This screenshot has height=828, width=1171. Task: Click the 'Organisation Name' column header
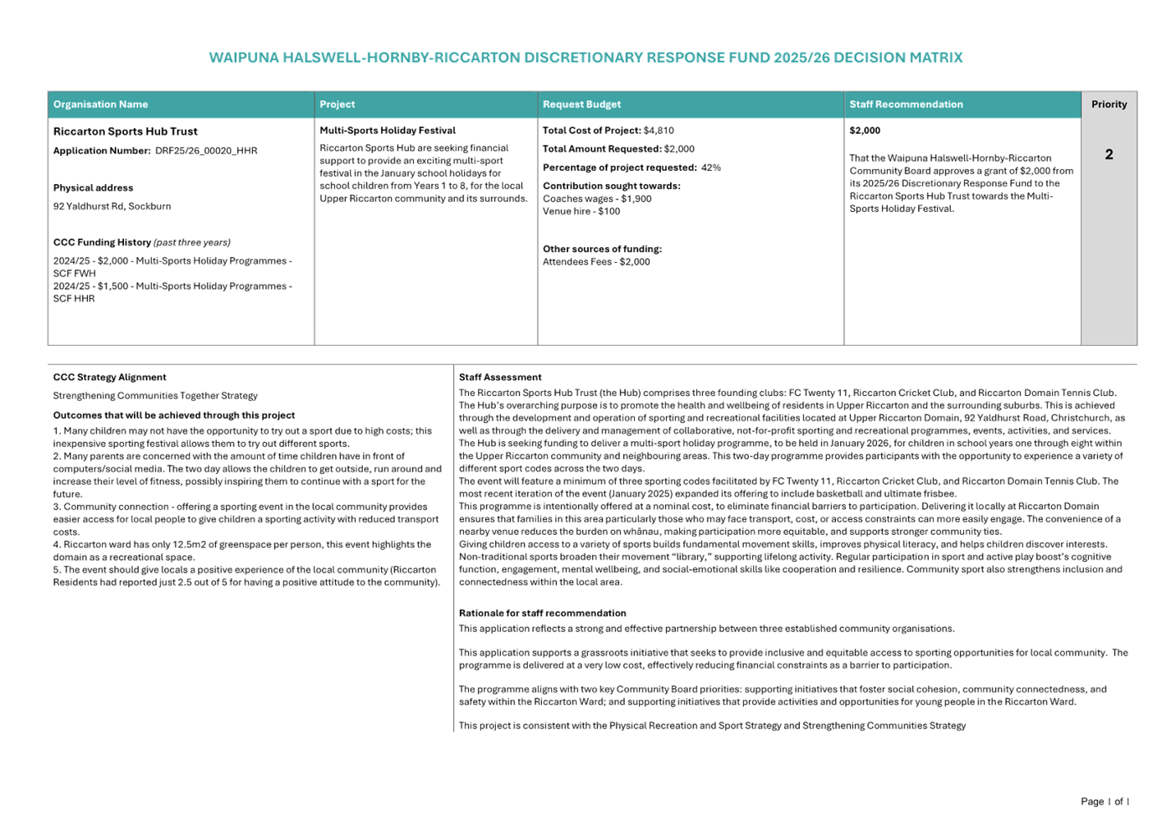(101, 105)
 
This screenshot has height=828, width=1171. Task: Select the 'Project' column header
(337, 105)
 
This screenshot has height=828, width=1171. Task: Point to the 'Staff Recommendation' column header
(905, 105)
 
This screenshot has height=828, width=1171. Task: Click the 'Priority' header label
(1109, 105)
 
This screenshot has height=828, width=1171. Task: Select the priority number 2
(1109, 154)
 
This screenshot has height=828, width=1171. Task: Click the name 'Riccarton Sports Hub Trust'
(126, 131)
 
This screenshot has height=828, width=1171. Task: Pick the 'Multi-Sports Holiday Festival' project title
(387, 131)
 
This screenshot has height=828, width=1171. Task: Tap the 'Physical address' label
(93, 188)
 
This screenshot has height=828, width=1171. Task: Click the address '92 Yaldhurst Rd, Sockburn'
(111, 206)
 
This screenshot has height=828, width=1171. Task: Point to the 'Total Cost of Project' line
(608, 131)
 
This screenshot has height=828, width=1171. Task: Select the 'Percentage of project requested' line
(632, 167)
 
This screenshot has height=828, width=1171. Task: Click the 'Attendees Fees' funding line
(596, 262)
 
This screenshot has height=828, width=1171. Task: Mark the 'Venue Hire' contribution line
(581, 212)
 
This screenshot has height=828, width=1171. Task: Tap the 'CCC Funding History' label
(102, 242)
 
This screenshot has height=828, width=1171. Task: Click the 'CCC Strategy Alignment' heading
(109, 378)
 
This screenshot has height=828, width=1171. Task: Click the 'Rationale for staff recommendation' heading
(542, 613)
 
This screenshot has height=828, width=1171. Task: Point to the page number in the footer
(1105, 802)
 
